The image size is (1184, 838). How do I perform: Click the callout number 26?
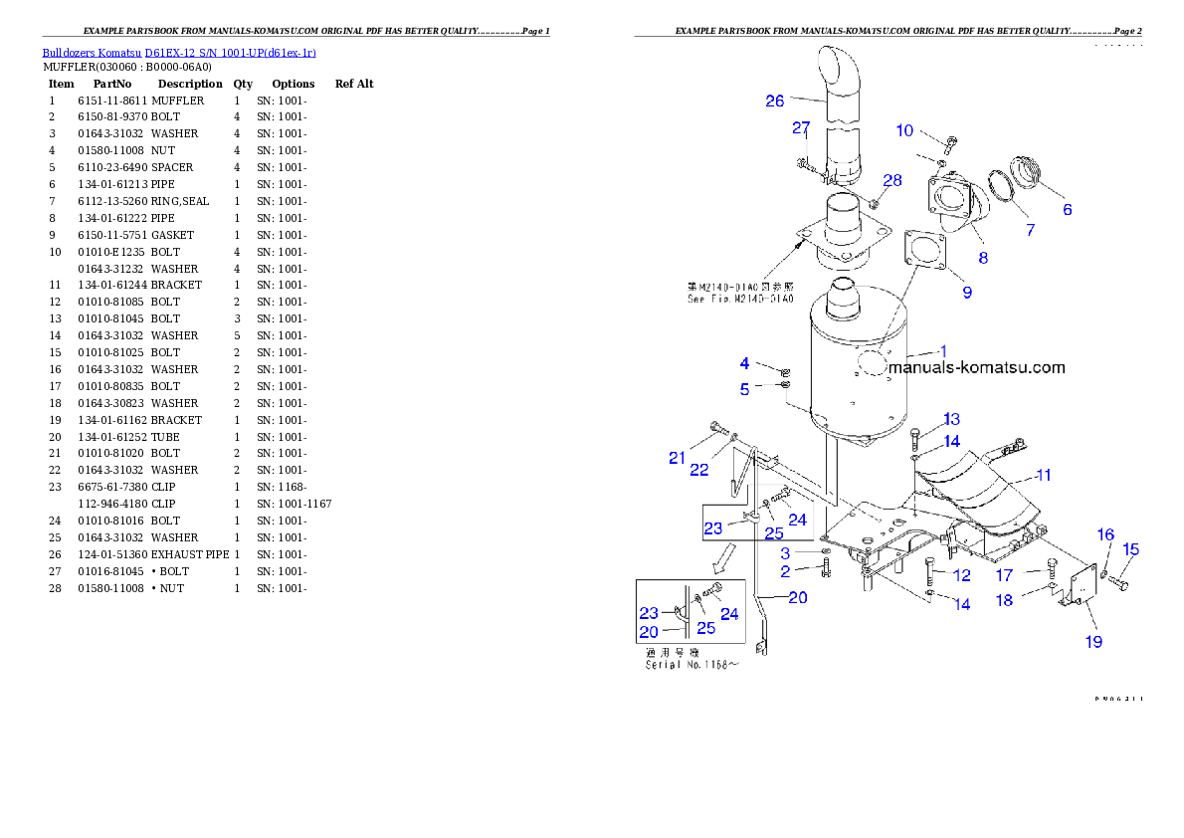(x=775, y=101)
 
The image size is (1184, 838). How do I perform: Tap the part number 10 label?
(x=904, y=130)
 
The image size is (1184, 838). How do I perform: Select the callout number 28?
(x=892, y=180)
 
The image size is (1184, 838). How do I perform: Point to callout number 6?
(x=1068, y=209)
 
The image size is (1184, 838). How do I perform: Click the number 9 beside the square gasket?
(x=967, y=293)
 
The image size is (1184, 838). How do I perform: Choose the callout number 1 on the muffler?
(x=943, y=350)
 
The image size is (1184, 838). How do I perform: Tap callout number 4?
(x=744, y=364)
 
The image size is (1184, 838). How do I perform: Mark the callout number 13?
(x=952, y=419)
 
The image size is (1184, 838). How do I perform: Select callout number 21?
(x=678, y=458)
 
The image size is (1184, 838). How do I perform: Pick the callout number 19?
(x=1093, y=642)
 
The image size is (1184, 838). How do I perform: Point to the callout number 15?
(x=1131, y=549)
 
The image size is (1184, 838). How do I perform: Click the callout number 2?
(x=785, y=571)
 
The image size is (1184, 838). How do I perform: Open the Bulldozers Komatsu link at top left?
(x=179, y=53)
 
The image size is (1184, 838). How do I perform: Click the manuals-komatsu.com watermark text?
(x=976, y=367)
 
